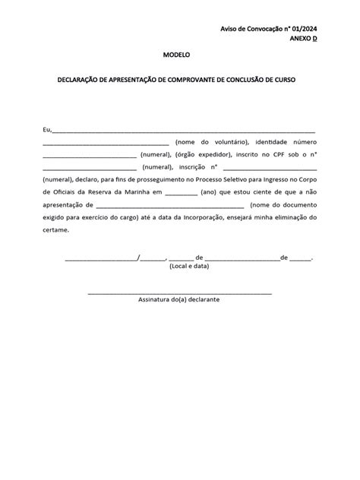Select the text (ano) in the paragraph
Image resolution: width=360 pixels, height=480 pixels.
[210, 192]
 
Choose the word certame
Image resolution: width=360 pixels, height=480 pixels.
[55, 229]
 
